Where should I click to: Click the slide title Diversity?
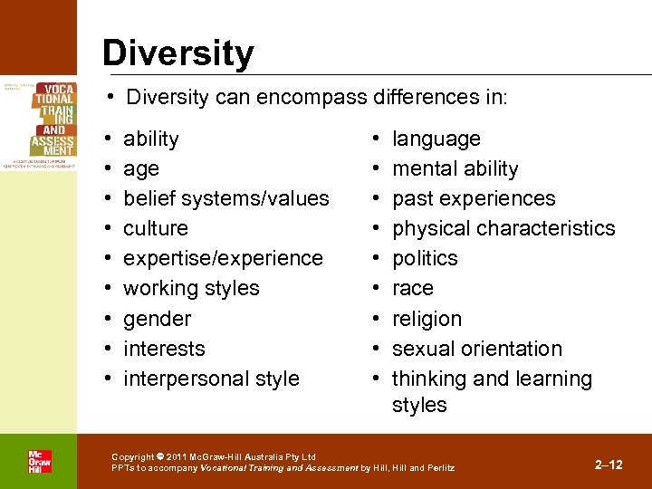click(177, 53)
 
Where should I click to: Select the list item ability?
click(150, 139)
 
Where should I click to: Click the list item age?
click(141, 168)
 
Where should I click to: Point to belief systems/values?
click(225, 198)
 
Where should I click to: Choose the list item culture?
click(155, 228)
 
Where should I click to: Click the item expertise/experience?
click(223, 258)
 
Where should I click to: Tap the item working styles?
click(191, 288)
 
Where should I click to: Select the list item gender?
click(157, 319)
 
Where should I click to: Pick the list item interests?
click(164, 349)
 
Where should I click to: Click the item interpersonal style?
click(211, 379)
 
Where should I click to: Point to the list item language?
click(436, 139)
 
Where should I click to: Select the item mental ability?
click(455, 168)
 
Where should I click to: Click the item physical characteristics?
click(503, 228)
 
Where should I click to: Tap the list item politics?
click(425, 258)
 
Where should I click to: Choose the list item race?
click(412, 288)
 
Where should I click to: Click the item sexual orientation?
click(476, 349)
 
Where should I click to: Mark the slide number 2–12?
click(609, 465)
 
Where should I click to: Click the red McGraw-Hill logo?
click(39, 461)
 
